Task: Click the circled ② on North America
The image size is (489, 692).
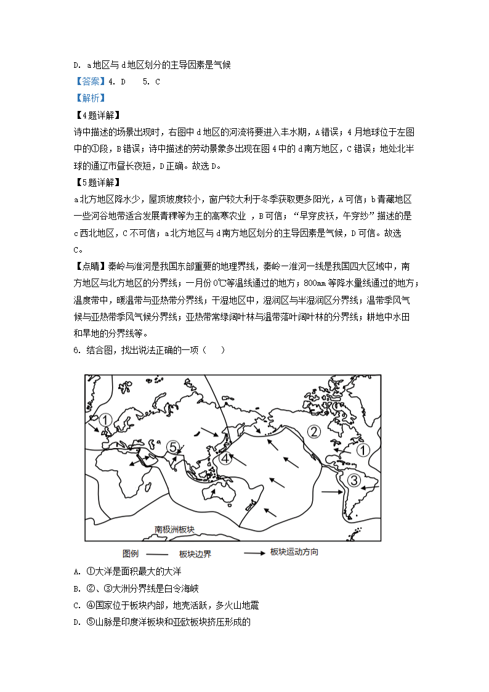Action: [x=315, y=431]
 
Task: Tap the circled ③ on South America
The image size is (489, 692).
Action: [x=354, y=480]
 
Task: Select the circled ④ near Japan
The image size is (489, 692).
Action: [x=226, y=458]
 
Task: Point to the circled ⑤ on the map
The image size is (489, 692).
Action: [x=174, y=447]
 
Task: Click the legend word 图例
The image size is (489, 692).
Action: [x=132, y=553]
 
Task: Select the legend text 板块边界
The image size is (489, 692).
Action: [x=195, y=554]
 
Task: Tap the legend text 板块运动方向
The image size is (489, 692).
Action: [x=294, y=552]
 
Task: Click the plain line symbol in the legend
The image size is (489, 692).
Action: [x=157, y=553]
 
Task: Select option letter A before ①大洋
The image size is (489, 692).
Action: [x=76, y=572]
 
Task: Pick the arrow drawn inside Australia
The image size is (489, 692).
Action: [x=213, y=493]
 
